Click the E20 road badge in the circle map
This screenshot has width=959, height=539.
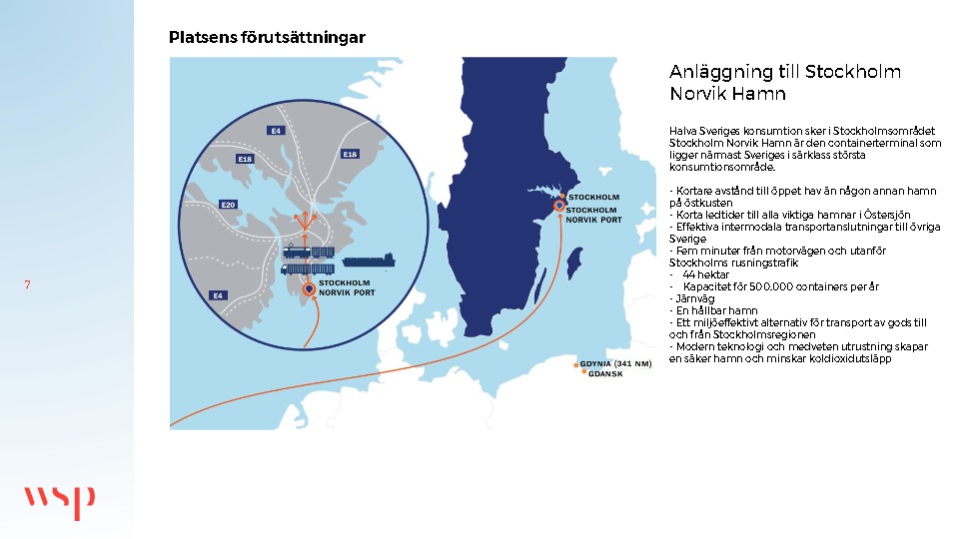tap(228, 205)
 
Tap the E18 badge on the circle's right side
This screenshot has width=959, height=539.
tap(350, 154)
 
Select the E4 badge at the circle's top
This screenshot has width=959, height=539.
tap(276, 131)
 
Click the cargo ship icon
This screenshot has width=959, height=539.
tap(370, 263)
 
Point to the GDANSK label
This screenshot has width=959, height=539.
tap(606, 374)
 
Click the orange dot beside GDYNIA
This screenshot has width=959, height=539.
tap(576, 364)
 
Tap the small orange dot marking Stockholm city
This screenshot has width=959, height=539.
tap(561, 197)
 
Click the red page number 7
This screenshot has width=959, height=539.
tap(27, 285)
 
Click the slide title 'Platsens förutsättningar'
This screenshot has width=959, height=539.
tap(267, 37)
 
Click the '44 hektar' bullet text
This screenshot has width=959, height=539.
tap(705, 274)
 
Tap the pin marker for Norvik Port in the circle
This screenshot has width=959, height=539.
tap(309, 289)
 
